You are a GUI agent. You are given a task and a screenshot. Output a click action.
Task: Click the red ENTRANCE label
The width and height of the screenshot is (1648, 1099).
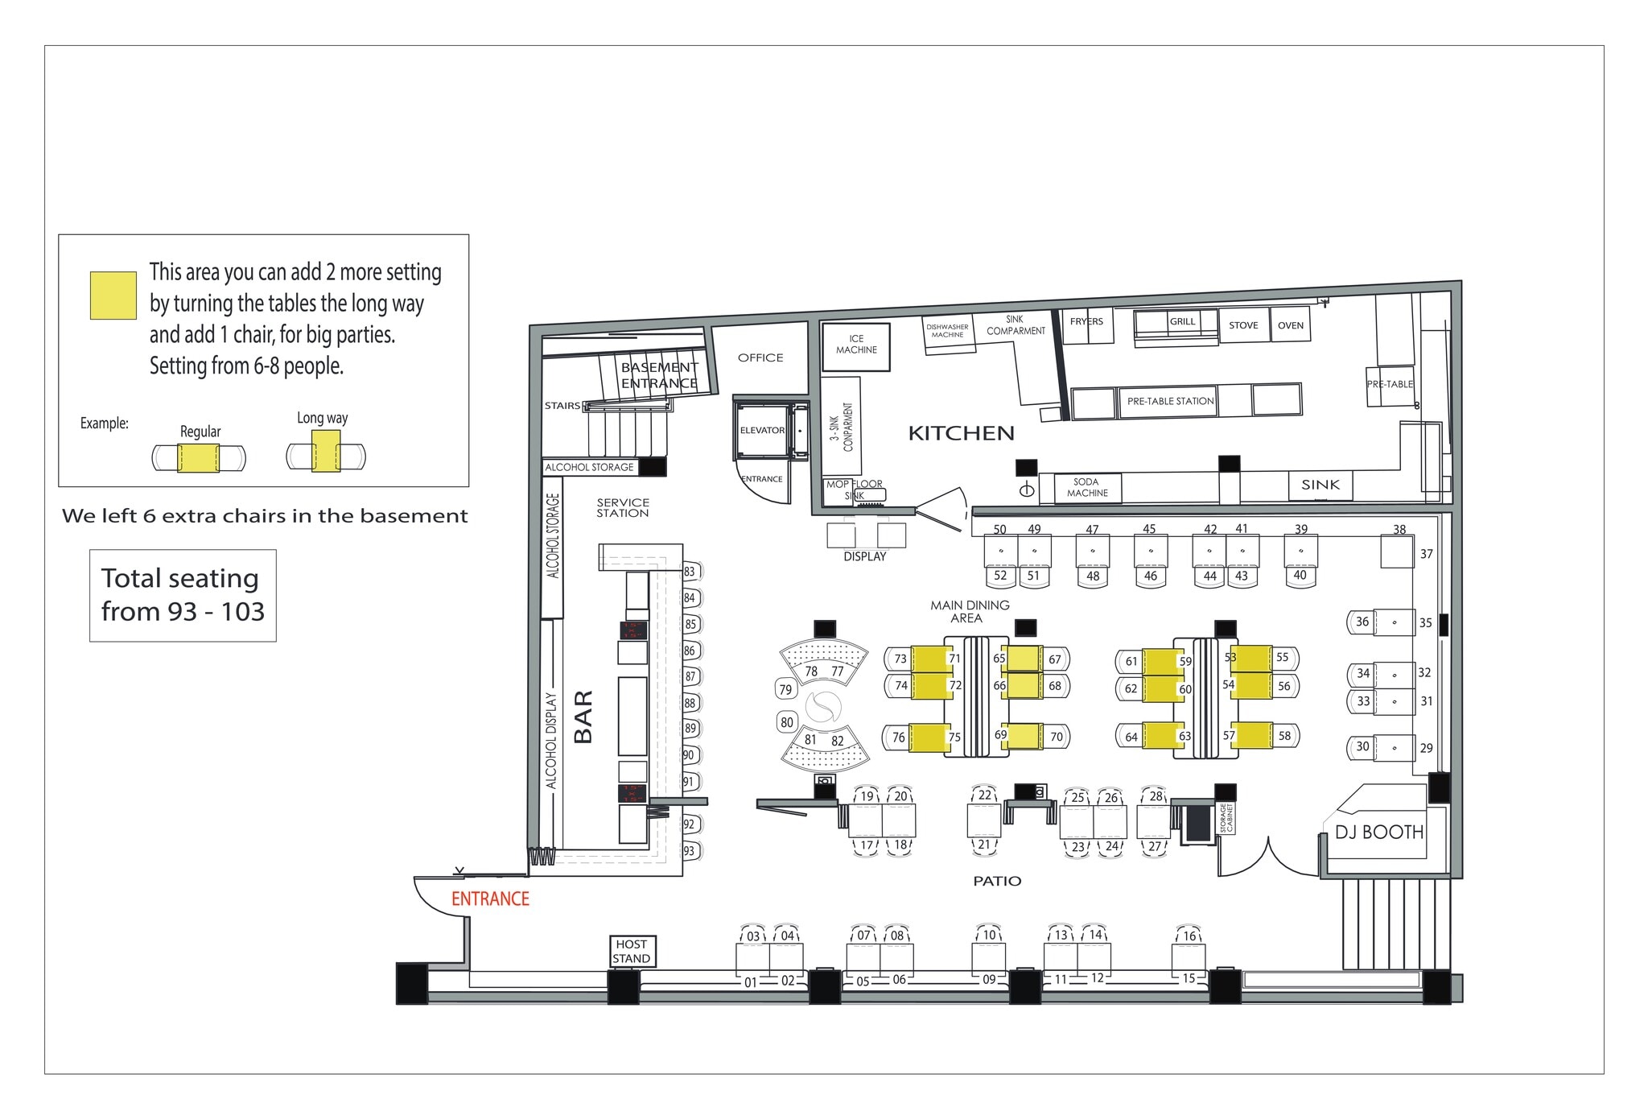click(x=490, y=899)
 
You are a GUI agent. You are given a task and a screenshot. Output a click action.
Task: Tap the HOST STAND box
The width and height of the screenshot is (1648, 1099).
click(x=632, y=951)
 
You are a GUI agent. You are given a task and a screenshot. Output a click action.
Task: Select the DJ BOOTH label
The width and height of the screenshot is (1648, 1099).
click(x=1379, y=832)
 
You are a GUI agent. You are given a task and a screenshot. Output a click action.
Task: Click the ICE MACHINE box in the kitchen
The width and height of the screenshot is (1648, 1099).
click(x=856, y=345)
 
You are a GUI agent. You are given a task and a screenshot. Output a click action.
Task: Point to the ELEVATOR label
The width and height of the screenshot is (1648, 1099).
click(x=761, y=430)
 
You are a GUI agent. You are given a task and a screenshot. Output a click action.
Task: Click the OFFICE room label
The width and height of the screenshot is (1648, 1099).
click(x=760, y=357)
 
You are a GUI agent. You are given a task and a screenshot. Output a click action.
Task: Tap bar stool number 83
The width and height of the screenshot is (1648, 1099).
click(x=690, y=572)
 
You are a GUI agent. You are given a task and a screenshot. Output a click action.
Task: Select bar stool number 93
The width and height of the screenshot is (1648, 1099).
click(x=690, y=850)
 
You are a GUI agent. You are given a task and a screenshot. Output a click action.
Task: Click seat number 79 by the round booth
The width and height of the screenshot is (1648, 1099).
click(x=786, y=689)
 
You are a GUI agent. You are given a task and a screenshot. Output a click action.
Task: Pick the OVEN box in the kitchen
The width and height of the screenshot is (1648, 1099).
click(x=1290, y=325)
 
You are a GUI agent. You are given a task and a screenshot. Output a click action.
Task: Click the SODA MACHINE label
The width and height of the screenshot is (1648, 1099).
click(x=1087, y=488)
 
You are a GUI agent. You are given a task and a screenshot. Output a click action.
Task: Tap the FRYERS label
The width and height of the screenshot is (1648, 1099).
click(x=1086, y=321)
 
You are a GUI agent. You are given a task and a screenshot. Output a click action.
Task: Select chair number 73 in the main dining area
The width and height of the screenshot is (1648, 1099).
click(x=900, y=659)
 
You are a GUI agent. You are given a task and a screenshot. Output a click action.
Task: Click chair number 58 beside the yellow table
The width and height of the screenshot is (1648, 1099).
click(x=1284, y=735)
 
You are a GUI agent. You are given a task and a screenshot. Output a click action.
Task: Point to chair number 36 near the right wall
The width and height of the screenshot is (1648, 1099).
click(x=1362, y=622)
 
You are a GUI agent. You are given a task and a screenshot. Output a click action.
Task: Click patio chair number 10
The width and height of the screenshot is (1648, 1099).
click(x=989, y=935)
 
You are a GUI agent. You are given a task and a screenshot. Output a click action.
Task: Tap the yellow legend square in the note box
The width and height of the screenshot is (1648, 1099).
click(x=113, y=295)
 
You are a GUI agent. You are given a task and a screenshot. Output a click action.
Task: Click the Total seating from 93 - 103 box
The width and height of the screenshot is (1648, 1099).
click(x=183, y=595)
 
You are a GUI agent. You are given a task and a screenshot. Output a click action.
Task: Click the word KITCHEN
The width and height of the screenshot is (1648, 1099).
click(x=961, y=433)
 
